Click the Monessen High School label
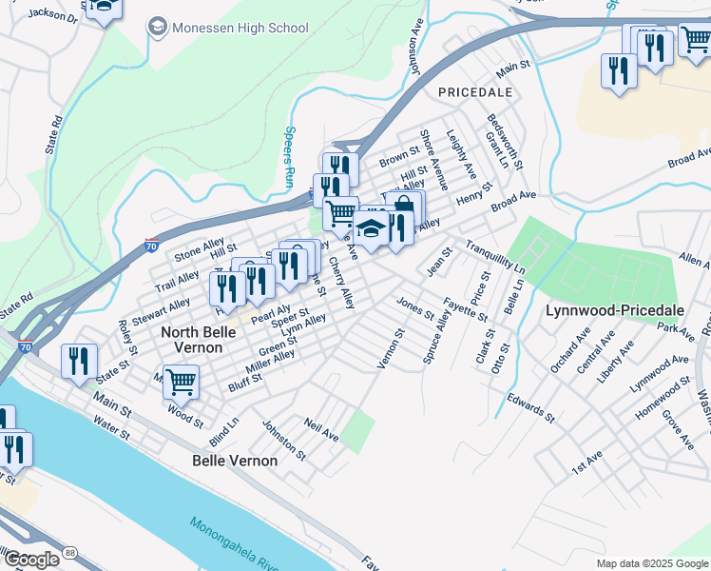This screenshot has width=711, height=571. click(x=240, y=28)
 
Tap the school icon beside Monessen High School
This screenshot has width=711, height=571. click(x=157, y=28)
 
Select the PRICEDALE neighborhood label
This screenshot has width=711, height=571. click(x=475, y=92)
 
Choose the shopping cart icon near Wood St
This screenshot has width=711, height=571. click(x=181, y=383)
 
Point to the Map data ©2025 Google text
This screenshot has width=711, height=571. click(x=651, y=562)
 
